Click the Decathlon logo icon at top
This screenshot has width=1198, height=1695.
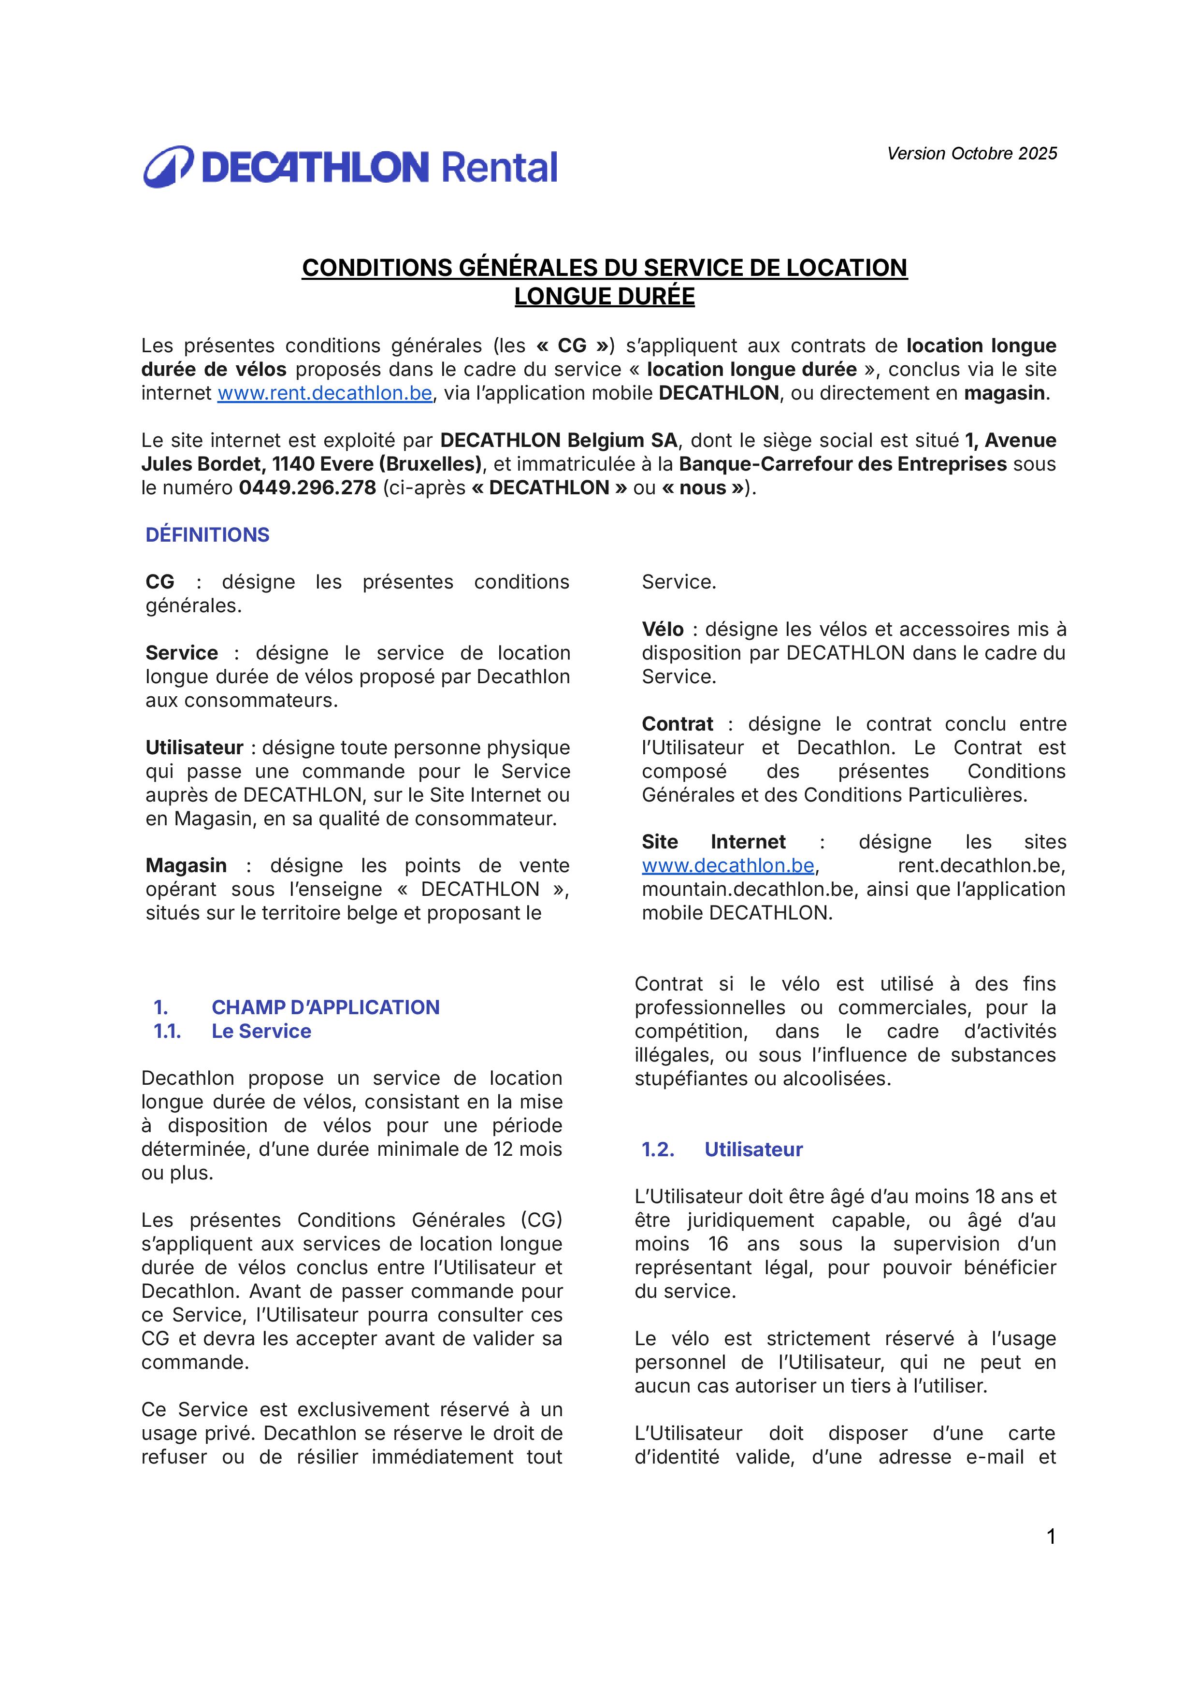(x=168, y=167)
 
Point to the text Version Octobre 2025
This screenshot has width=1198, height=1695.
(x=971, y=154)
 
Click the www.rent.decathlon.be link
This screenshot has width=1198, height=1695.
(x=324, y=393)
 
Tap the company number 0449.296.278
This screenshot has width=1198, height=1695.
(x=307, y=488)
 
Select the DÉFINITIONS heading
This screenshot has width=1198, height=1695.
(x=207, y=535)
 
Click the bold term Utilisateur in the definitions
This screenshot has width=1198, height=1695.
(x=194, y=748)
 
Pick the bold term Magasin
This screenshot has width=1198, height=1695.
(x=186, y=866)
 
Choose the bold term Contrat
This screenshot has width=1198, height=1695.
(x=678, y=724)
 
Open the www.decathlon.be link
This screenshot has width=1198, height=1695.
(x=728, y=866)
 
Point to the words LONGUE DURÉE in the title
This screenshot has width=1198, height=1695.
(x=605, y=297)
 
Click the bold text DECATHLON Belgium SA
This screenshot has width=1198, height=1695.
(x=559, y=441)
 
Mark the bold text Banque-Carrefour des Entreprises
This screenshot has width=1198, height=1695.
(x=842, y=464)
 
